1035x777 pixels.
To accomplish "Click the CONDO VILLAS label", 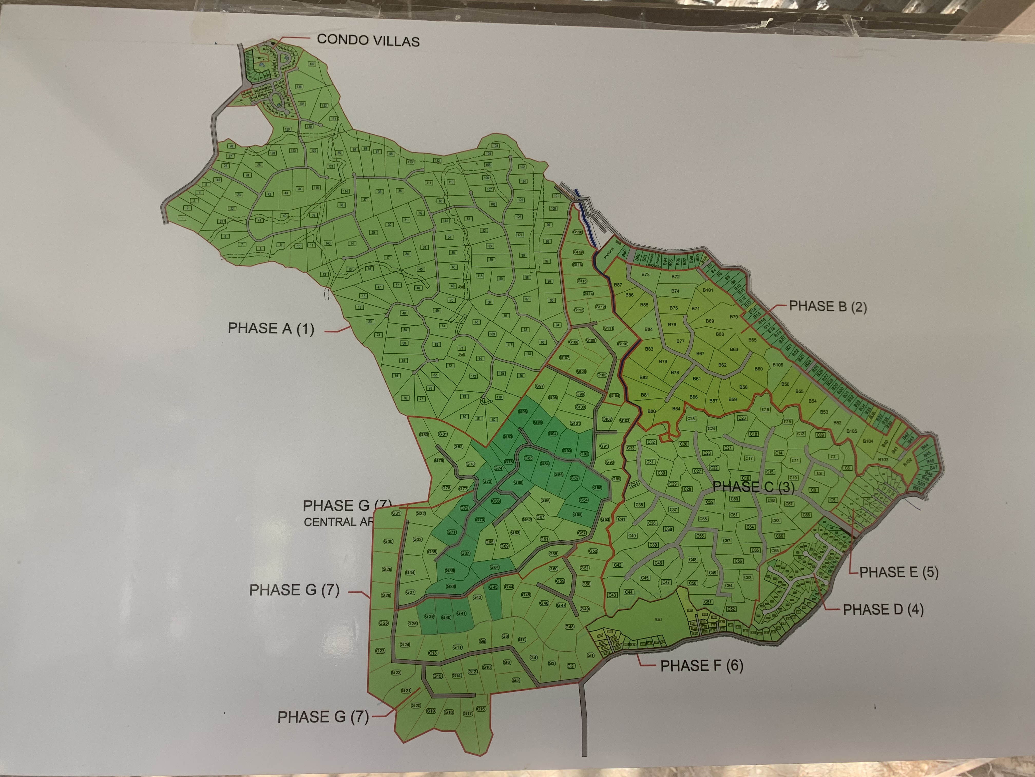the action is coord(368,40).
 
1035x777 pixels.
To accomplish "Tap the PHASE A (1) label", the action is coord(271,328).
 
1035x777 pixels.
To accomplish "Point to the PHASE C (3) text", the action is coord(753,487).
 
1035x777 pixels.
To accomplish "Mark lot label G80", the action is coord(424,435).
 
